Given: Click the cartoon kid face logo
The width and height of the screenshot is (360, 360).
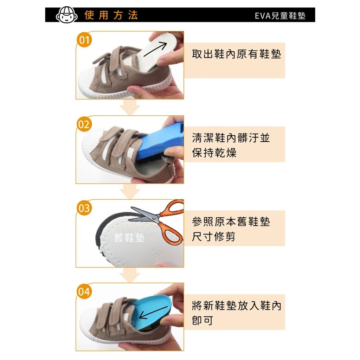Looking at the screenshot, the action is pyautogui.click(x=66, y=15).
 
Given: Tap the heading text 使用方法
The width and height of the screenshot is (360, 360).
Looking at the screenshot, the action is pyautogui.click(x=111, y=15).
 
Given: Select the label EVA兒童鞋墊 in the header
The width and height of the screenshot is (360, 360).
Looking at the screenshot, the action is pyautogui.click(x=280, y=15).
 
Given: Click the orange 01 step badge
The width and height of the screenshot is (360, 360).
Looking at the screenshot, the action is pyautogui.click(x=84, y=40).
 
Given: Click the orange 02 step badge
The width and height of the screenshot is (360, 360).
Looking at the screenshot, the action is pyautogui.click(x=84, y=124).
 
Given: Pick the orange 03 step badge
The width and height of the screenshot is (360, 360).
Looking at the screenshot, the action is pyautogui.click(x=84, y=208).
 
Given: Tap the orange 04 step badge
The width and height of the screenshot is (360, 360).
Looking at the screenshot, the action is pyautogui.click(x=84, y=292).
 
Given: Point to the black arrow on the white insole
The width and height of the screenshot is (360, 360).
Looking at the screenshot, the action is pyautogui.click(x=155, y=49).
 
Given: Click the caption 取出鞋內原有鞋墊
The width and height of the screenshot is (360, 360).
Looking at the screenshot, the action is pyautogui.click(x=237, y=54).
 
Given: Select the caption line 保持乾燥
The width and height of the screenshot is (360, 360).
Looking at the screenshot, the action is pyautogui.click(x=214, y=153).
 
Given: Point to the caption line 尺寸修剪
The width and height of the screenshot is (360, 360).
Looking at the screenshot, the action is pyautogui.click(x=214, y=237).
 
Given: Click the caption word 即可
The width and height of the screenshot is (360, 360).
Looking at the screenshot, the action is pyautogui.click(x=202, y=321).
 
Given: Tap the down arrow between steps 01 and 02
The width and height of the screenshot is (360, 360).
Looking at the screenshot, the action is pyautogui.click(x=130, y=107).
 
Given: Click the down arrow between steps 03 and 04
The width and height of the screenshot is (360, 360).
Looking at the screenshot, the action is pyautogui.click(x=130, y=275).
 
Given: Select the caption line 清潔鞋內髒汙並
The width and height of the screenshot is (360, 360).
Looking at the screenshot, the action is pyautogui.click(x=231, y=138).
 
